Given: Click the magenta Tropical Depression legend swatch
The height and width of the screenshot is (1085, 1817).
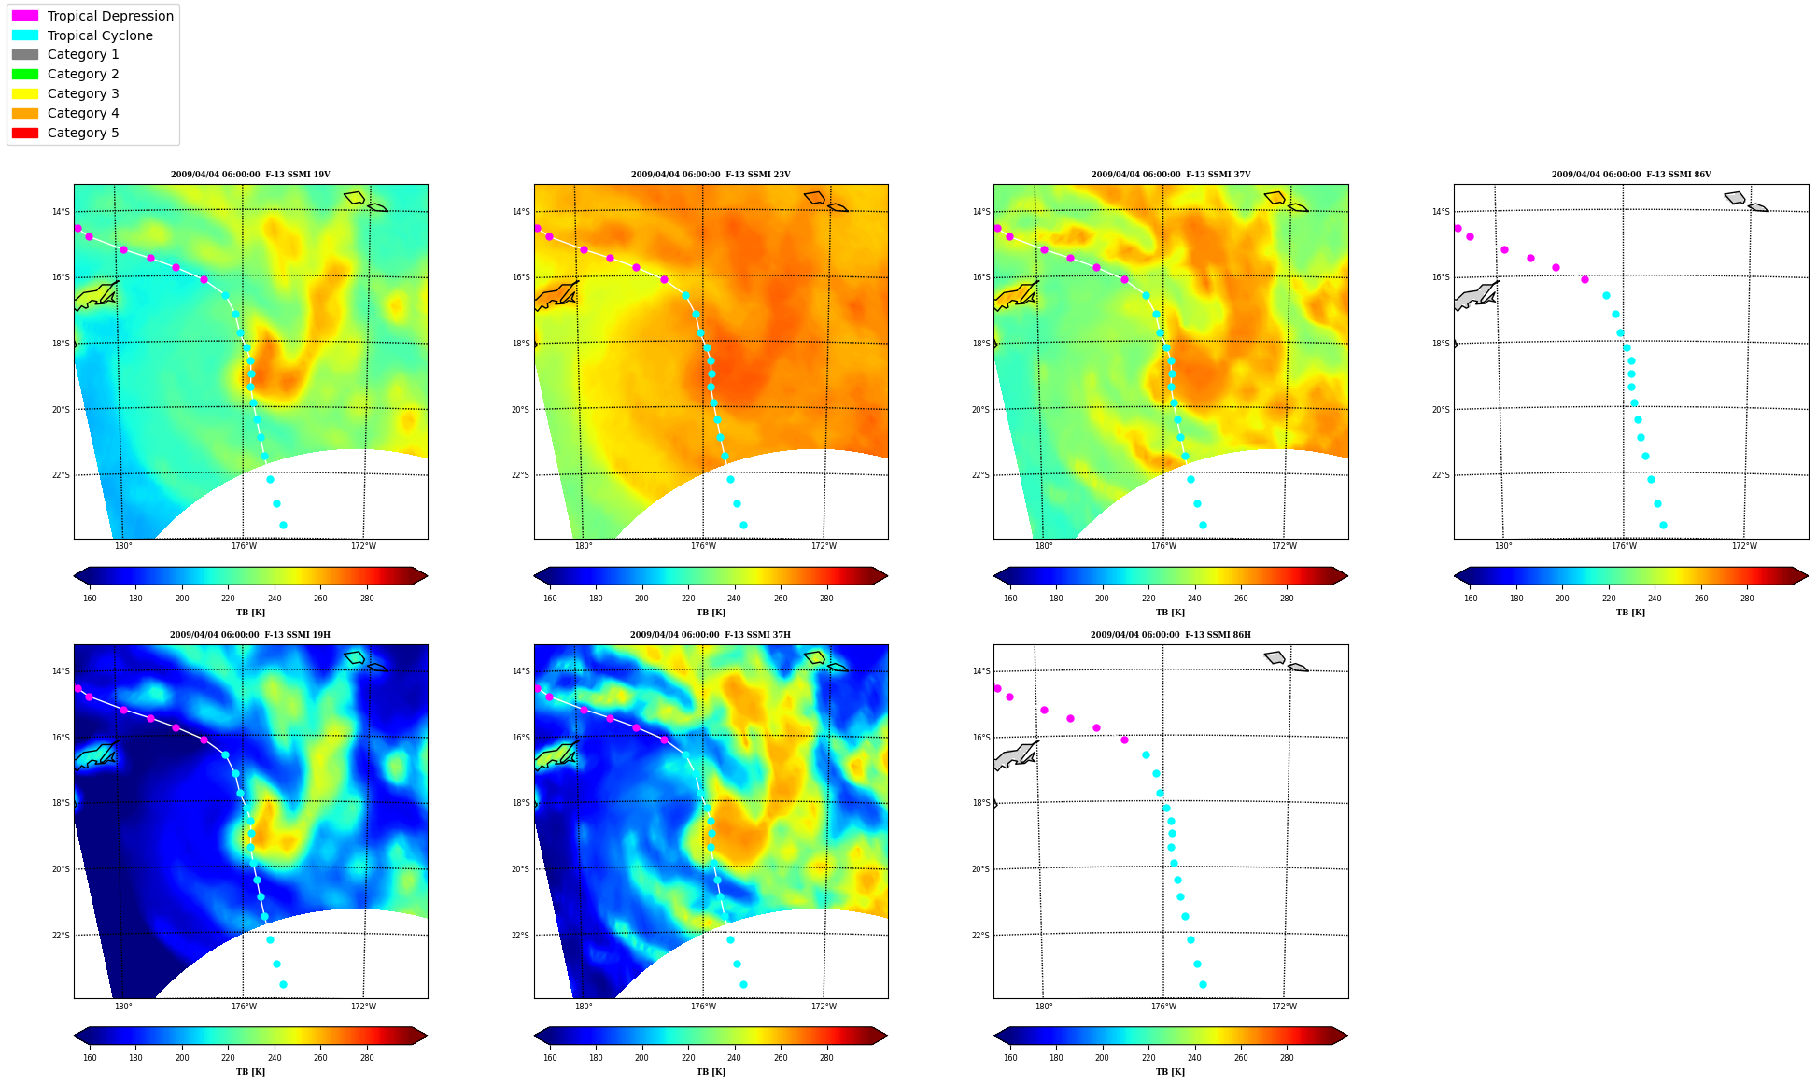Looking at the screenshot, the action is tap(25, 16).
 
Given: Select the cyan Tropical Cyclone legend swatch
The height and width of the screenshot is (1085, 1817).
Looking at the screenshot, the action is tap(25, 35).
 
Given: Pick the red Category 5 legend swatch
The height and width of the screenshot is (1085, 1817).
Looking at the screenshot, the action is tap(25, 133).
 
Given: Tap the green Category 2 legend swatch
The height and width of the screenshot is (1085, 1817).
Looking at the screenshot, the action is tap(25, 74).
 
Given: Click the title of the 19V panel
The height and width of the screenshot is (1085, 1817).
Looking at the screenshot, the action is tap(250, 175).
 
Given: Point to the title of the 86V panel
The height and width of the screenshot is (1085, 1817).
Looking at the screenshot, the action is tap(1631, 175).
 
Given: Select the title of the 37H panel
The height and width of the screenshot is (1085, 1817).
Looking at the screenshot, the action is tap(711, 635).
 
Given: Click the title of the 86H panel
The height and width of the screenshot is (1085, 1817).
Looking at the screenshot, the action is tap(1171, 635).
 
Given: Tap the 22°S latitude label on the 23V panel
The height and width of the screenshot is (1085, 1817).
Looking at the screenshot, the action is tap(520, 475).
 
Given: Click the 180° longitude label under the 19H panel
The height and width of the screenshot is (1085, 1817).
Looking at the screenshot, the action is tap(123, 1007).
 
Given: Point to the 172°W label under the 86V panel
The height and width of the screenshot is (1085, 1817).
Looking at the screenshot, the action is tap(1744, 546).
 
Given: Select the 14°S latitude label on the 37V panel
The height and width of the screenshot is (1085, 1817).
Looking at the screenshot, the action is tap(980, 212).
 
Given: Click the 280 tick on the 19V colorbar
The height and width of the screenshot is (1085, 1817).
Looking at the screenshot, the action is tap(367, 599).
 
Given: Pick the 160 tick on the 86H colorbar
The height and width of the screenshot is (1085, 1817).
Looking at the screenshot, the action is tap(1010, 1058).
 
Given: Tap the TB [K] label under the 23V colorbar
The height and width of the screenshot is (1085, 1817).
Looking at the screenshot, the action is tap(711, 613).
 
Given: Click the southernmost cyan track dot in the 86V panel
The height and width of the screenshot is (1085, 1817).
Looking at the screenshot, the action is tap(1663, 525).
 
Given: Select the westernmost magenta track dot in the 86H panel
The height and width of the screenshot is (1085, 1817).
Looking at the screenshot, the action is tap(997, 688).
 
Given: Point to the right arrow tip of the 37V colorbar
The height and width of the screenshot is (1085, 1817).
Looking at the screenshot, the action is tap(1347, 576).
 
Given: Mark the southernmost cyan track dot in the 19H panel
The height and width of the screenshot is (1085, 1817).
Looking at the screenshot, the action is tap(283, 984).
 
